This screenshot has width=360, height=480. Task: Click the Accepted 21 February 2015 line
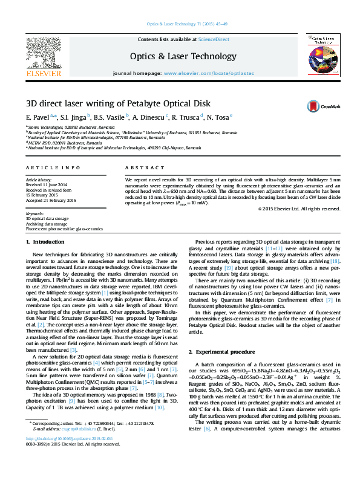click(x=51, y=200)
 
